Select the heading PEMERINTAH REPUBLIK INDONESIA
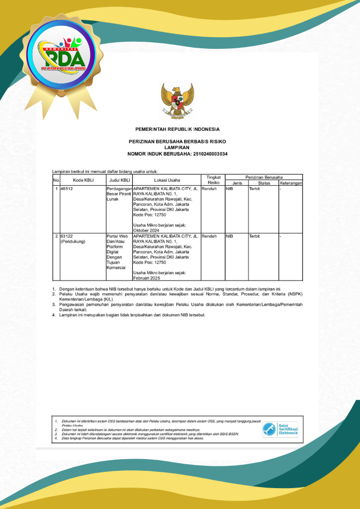pyautogui.click(x=177, y=129)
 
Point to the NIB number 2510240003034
pyautogui.click(x=209, y=153)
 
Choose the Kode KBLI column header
pyautogui.click(x=83, y=180)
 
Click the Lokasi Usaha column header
pyautogui.click(x=167, y=180)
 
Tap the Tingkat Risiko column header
pyautogui.click(x=213, y=179)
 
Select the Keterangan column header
pyautogui.click(x=291, y=183)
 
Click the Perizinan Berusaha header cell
pyautogui.click(x=264, y=177)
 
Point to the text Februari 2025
pyautogui.click(x=147, y=278)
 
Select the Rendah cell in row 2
pyautogui.click(x=209, y=236)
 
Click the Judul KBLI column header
pyautogui.click(x=119, y=180)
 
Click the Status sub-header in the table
pyautogui.click(x=264, y=183)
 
